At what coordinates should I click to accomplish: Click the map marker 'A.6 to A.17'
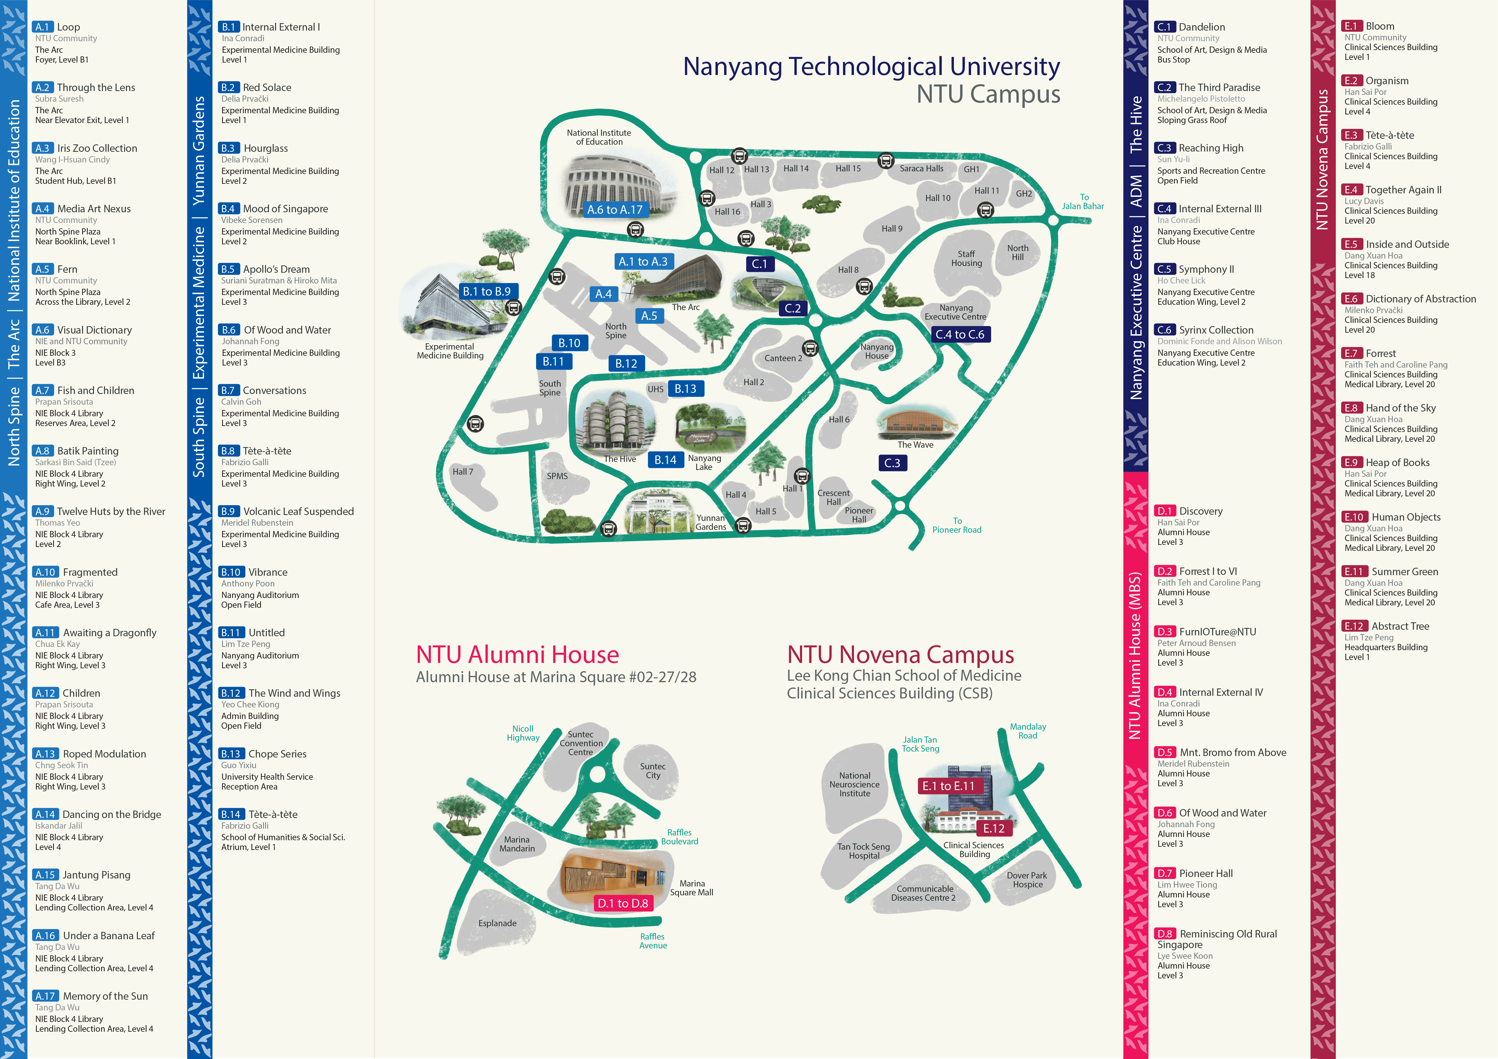[615, 209]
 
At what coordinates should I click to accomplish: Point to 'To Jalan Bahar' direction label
[1083, 202]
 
